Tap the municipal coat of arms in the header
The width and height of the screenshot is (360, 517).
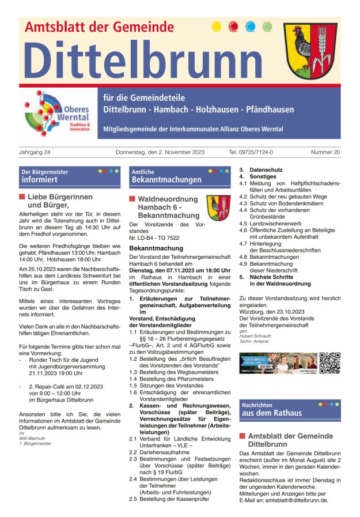click(x=310, y=51)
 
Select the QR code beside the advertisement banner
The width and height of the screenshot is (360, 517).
click(x=329, y=363)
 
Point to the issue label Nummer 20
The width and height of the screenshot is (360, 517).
click(x=325, y=152)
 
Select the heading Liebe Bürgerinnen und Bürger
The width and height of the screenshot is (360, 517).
click(x=52, y=201)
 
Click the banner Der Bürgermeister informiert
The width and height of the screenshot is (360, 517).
click(x=68, y=176)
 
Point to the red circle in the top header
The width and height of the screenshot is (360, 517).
click(x=233, y=27)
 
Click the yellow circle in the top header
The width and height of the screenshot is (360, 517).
click(x=217, y=27)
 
